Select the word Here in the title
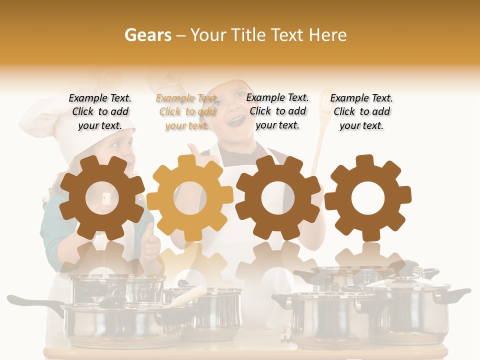click(327, 35)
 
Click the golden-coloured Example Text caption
click(187, 112)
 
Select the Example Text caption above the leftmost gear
click(100, 112)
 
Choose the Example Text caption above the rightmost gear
click(361, 112)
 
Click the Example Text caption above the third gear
click(277, 111)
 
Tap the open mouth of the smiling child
click(236, 120)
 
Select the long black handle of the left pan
click(30, 302)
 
